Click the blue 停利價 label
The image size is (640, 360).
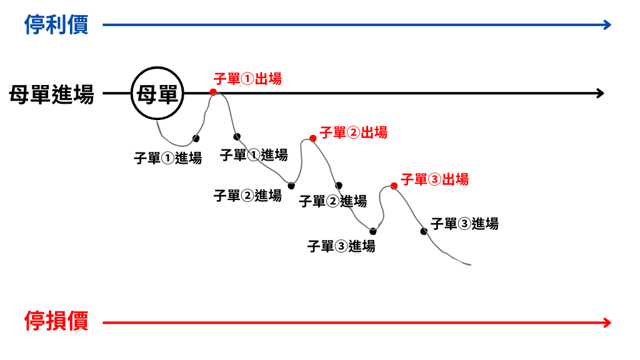pos(56,24)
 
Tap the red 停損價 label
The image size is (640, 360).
pos(56,321)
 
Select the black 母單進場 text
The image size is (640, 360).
pos(51,94)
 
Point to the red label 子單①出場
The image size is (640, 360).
pos(247,79)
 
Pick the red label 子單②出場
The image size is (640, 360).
pos(354,132)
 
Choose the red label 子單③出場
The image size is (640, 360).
pos(435,179)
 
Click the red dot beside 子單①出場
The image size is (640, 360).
pos(213,92)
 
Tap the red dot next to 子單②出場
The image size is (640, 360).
pos(313,138)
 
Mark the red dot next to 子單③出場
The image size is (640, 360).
pos(394,186)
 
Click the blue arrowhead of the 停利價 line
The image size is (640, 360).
pos(607,25)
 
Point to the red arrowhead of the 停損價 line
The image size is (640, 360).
pos(607,323)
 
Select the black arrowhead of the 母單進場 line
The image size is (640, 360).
pos(601,94)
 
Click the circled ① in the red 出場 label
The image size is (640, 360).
pos(247,79)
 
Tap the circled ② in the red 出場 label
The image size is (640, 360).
pos(354,132)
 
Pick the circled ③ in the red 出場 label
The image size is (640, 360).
pos(435,179)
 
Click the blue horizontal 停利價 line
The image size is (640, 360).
pos(357,25)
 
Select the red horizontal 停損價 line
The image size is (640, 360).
pos(357,323)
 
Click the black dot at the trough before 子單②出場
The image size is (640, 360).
pos(291,186)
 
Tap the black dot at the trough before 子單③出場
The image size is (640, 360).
pos(372,231)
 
